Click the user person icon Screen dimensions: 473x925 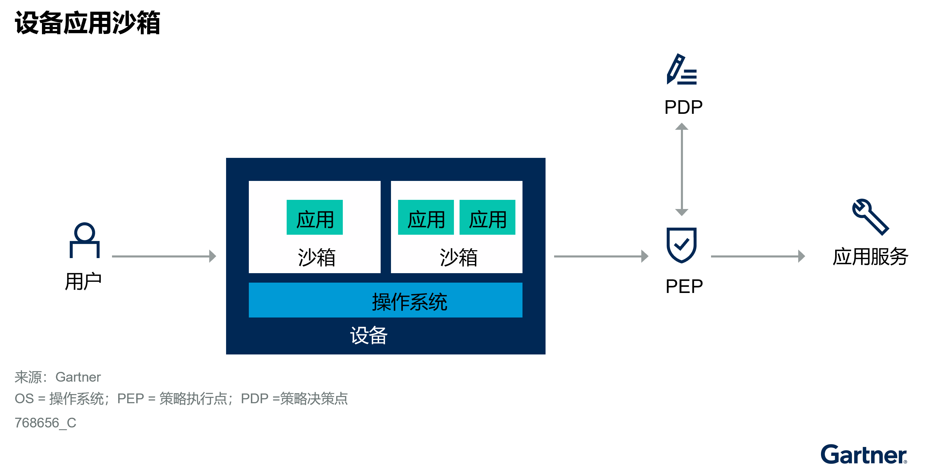coord(85,240)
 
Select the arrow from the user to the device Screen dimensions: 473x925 coord(164,256)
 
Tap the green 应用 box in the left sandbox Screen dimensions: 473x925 coord(314,218)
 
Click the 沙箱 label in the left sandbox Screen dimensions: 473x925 coord(316,257)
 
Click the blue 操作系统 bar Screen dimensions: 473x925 coord(385,300)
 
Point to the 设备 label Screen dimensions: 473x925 coord(369,336)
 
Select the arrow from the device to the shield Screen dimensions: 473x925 coord(601,256)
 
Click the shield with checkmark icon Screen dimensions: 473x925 coord(681,245)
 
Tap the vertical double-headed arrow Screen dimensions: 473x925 coord(681,169)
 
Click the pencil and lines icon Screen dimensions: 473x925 coord(681,70)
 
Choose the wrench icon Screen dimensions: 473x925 coord(870,217)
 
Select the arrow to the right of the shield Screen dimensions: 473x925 coord(758,256)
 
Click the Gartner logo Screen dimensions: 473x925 coord(863,454)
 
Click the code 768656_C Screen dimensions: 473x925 coord(45,423)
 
